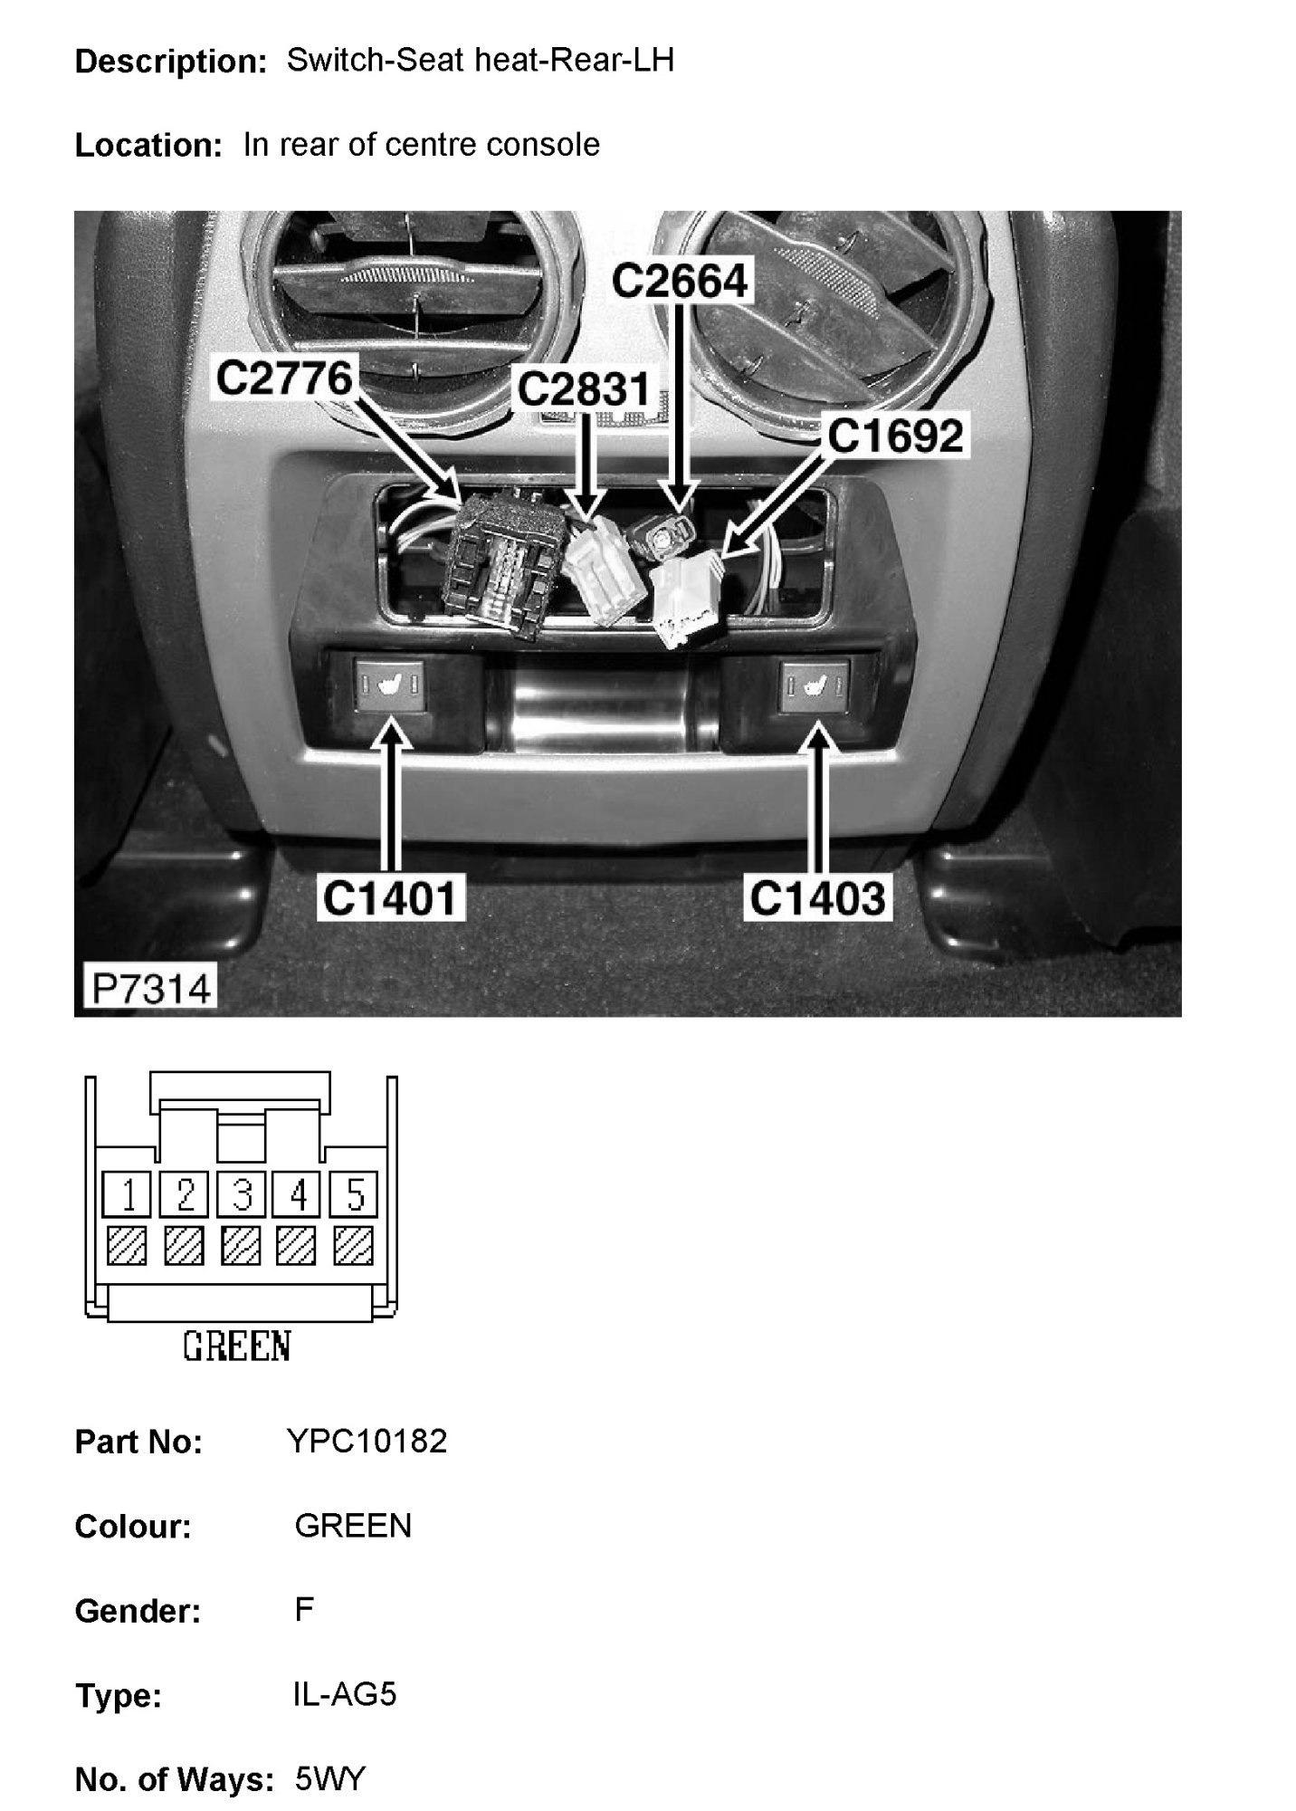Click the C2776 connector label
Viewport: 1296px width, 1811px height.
(x=284, y=378)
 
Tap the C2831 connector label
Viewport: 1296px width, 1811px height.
(x=584, y=390)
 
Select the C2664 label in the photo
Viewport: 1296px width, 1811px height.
(x=681, y=281)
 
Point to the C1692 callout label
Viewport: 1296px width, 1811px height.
(x=895, y=436)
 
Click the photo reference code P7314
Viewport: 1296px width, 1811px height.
(x=151, y=988)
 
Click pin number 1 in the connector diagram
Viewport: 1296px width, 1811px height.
(x=128, y=1195)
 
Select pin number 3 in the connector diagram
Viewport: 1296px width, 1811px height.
(x=242, y=1195)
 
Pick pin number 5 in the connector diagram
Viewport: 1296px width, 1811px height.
(x=355, y=1195)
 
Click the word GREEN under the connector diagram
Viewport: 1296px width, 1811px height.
(x=237, y=1346)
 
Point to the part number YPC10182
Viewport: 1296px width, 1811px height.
(x=367, y=1441)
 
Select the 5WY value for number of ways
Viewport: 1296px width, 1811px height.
(x=330, y=1779)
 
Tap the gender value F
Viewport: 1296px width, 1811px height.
(x=304, y=1610)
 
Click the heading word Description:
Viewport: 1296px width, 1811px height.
(x=170, y=62)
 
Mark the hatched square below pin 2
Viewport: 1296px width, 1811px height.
(x=185, y=1245)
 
